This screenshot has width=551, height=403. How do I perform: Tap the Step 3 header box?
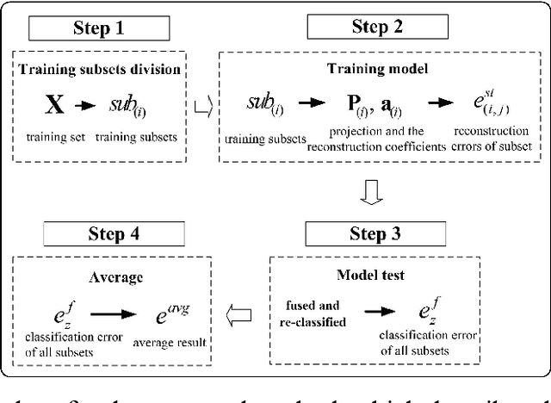(379, 232)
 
